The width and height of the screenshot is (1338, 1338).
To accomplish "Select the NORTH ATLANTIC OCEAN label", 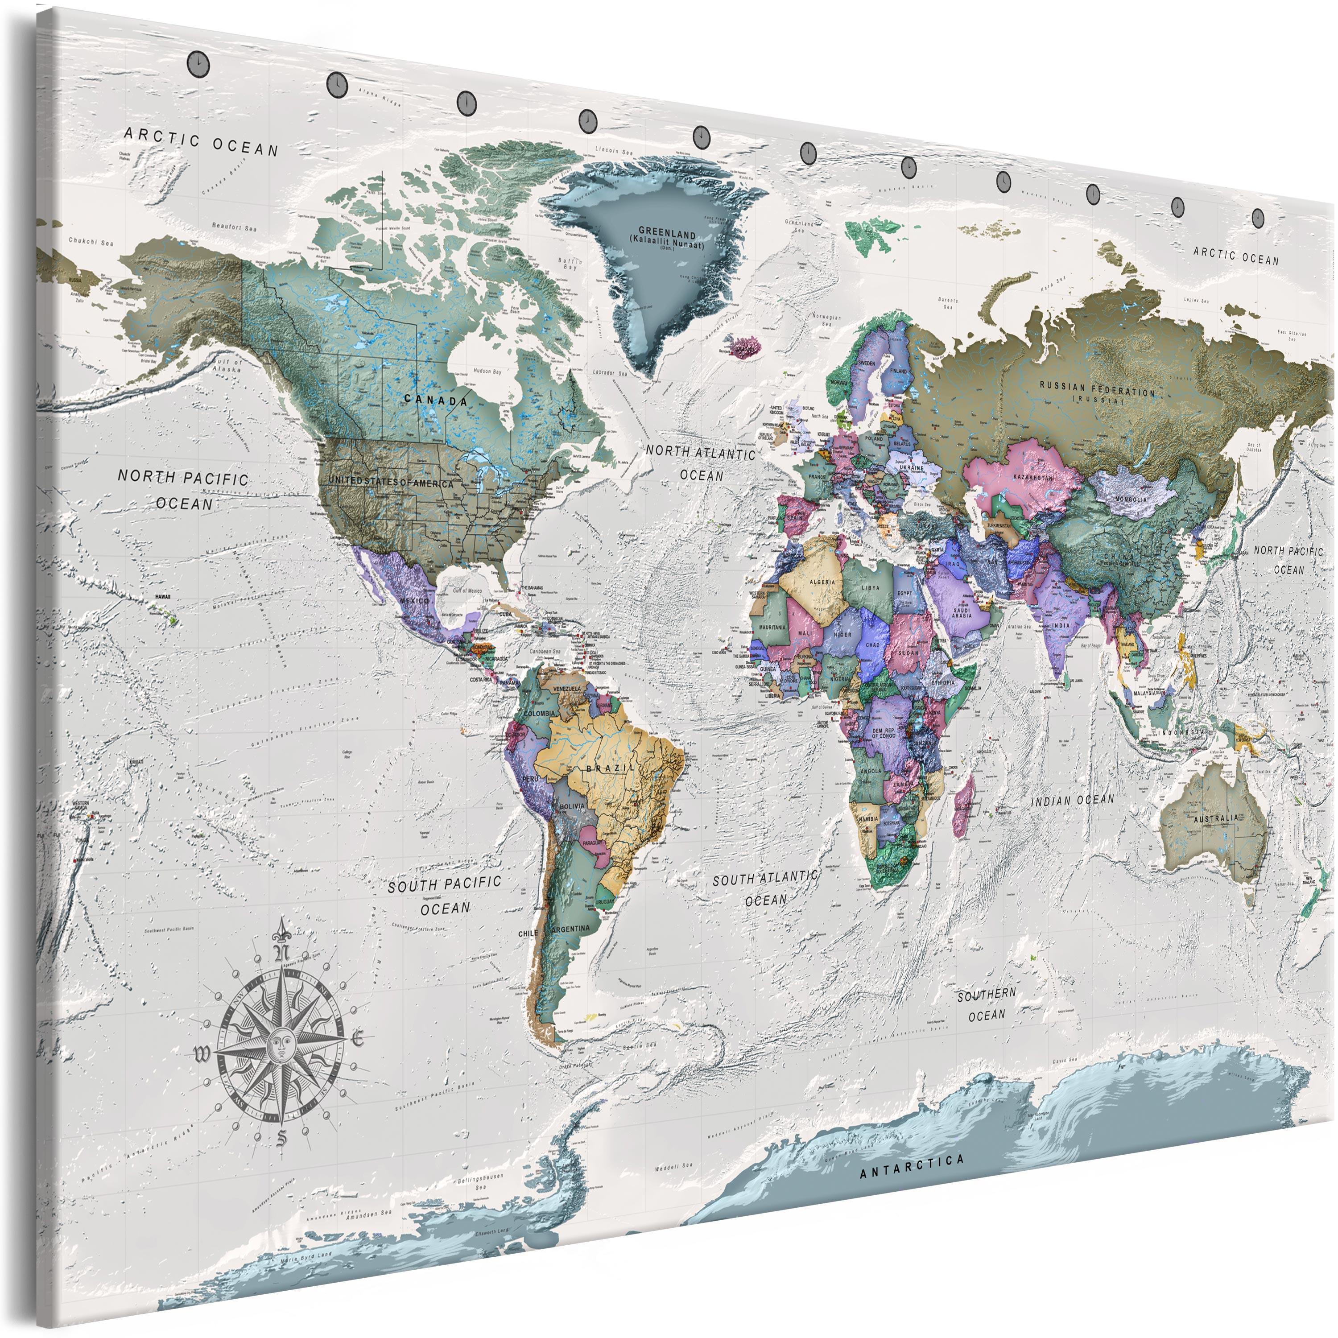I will [x=701, y=463].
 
